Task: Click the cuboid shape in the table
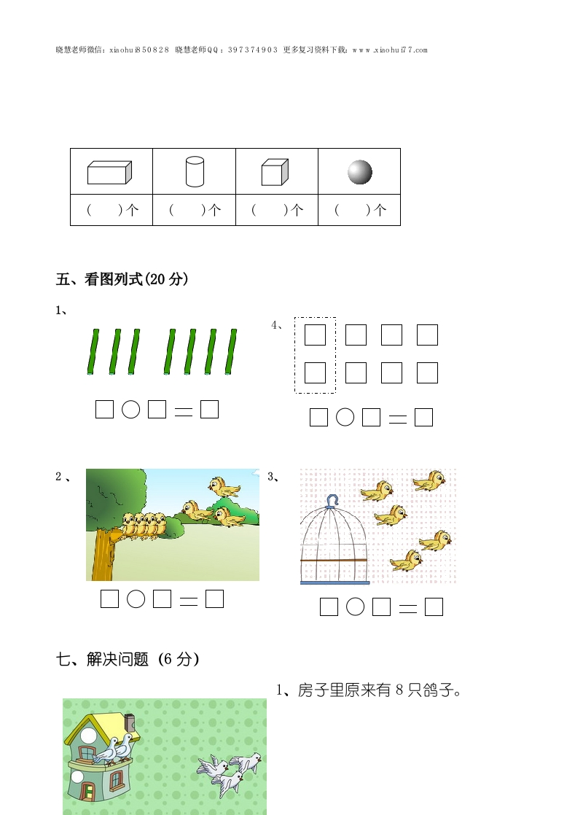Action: [109, 173]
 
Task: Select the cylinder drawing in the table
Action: [195, 171]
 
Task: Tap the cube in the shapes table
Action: [274, 172]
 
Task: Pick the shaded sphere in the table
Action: [360, 172]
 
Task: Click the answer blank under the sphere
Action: [359, 210]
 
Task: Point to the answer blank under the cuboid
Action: [112, 210]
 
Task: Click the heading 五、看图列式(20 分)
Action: [122, 279]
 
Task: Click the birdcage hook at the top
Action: [332, 501]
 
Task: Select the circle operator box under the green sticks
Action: [131, 410]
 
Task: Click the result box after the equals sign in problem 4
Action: [424, 418]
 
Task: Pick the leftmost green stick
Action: [93, 351]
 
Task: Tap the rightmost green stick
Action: [231, 351]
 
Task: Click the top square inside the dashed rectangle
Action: [315, 335]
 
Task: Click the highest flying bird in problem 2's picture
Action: [224, 487]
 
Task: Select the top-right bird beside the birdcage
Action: [429, 481]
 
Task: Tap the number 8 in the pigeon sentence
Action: [399, 690]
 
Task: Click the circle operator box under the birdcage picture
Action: [356, 607]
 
